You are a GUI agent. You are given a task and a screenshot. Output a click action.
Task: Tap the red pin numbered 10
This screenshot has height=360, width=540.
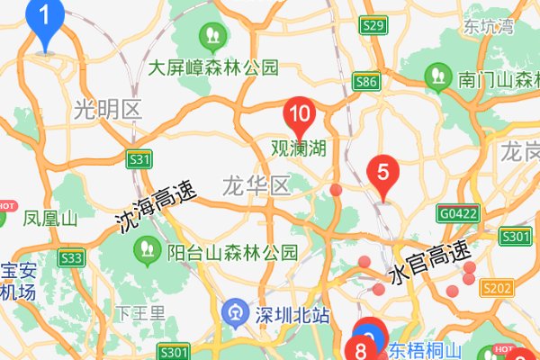point(299,115)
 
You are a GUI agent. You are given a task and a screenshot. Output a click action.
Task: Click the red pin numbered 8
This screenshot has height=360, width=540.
point(361,350)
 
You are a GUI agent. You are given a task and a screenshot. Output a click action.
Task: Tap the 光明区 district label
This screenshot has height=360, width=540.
point(108,110)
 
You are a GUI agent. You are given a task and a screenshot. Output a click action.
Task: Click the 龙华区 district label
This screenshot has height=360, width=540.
point(256,186)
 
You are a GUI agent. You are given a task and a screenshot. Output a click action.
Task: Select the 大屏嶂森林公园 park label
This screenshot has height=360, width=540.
point(213,67)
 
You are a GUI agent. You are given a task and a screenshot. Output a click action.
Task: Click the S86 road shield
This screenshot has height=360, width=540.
point(365,82)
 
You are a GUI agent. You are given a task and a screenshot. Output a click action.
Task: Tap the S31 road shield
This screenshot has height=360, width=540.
point(139,159)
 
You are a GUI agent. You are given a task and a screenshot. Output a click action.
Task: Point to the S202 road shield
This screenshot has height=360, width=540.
point(497,288)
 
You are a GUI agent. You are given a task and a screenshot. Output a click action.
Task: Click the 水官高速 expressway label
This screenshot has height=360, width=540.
point(430,263)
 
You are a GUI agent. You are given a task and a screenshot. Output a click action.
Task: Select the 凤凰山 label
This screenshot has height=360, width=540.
point(50,218)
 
